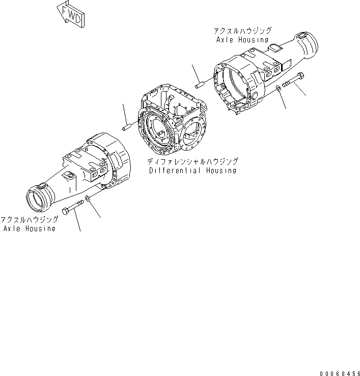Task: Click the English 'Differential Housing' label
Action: point(193,171)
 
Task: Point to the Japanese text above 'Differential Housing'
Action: point(193,162)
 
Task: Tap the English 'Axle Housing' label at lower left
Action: point(29,228)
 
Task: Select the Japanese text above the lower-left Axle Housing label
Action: point(29,220)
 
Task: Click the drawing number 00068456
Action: point(338,371)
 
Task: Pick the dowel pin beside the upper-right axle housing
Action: point(201,81)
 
